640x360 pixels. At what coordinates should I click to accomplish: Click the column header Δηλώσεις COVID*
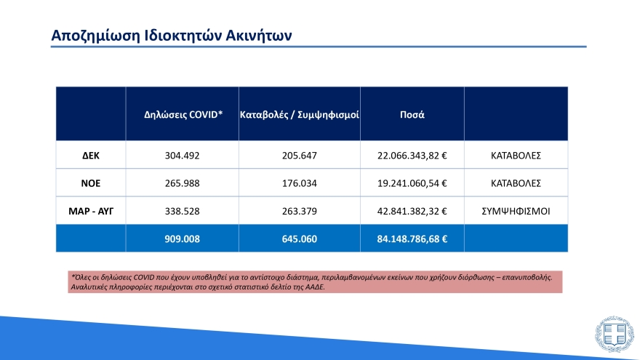click(183, 115)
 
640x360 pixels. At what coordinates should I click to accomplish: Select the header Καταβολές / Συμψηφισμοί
click(300, 115)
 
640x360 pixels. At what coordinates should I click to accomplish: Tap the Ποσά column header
click(412, 115)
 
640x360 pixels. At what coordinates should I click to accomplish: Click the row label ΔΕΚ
click(91, 156)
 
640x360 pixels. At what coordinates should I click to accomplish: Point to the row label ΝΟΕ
click(91, 183)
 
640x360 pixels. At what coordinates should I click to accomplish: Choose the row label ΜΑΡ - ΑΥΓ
click(91, 211)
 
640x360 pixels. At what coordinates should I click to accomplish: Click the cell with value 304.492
click(183, 156)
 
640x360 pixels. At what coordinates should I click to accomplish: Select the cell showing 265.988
click(183, 183)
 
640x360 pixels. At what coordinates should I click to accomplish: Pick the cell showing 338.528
click(183, 211)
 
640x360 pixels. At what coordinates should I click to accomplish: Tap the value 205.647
click(300, 156)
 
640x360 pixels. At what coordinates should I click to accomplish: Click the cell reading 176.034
click(300, 183)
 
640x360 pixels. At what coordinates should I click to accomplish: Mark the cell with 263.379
click(300, 211)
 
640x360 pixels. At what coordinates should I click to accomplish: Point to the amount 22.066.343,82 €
click(412, 156)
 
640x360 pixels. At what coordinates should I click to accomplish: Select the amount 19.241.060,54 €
click(412, 183)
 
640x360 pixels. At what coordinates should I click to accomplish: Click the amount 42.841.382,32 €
click(412, 211)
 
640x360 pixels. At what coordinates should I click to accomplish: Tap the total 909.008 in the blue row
click(183, 238)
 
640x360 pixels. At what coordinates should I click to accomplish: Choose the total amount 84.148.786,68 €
click(412, 238)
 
